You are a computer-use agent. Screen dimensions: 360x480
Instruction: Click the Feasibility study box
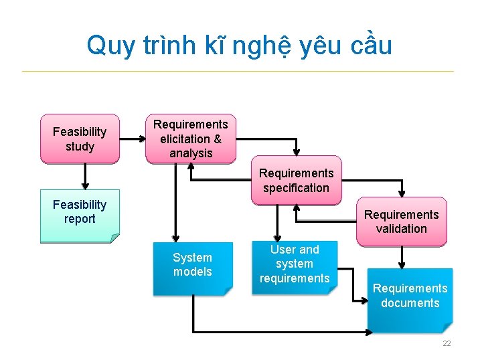pyautogui.click(x=80, y=139)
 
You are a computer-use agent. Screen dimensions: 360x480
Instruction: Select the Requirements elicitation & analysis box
pyautogui.click(x=191, y=139)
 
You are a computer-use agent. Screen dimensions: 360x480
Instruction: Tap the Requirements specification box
pyautogui.click(x=296, y=181)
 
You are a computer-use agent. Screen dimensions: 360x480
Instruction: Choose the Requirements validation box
pyautogui.click(x=401, y=221)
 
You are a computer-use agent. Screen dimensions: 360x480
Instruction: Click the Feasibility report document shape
pyautogui.click(x=80, y=215)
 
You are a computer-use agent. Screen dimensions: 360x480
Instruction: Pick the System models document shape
pyautogui.click(x=192, y=268)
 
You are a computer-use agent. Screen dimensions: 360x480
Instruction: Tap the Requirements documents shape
pyautogui.click(x=410, y=298)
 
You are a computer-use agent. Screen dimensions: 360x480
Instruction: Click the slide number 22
pyautogui.click(x=447, y=343)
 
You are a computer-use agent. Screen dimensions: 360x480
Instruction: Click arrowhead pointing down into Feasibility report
pyautogui.click(x=85, y=185)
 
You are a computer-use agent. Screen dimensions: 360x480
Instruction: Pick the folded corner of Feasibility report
pyautogui.click(x=114, y=238)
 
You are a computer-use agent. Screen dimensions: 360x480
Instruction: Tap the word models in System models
pyautogui.click(x=192, y=272)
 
